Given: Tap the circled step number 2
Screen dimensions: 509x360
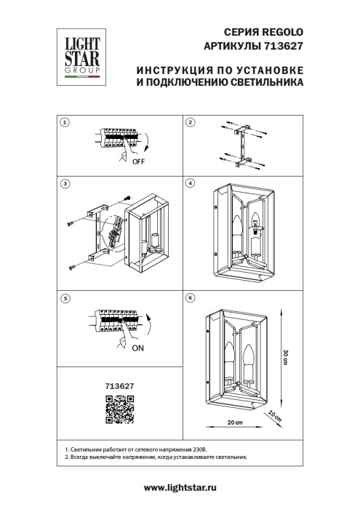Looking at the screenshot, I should [190, 123].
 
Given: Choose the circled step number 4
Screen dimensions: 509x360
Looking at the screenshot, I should [190, 185].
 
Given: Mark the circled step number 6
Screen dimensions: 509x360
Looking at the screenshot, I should [190, 297].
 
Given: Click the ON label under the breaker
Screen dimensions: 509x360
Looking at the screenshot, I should [138, 348].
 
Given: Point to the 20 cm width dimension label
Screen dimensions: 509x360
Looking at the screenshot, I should [234, 422].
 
